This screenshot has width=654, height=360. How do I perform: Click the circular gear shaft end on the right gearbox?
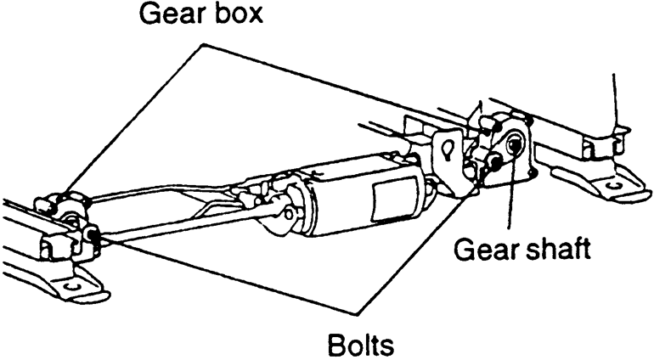512,146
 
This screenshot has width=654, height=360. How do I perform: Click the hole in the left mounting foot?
74,288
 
